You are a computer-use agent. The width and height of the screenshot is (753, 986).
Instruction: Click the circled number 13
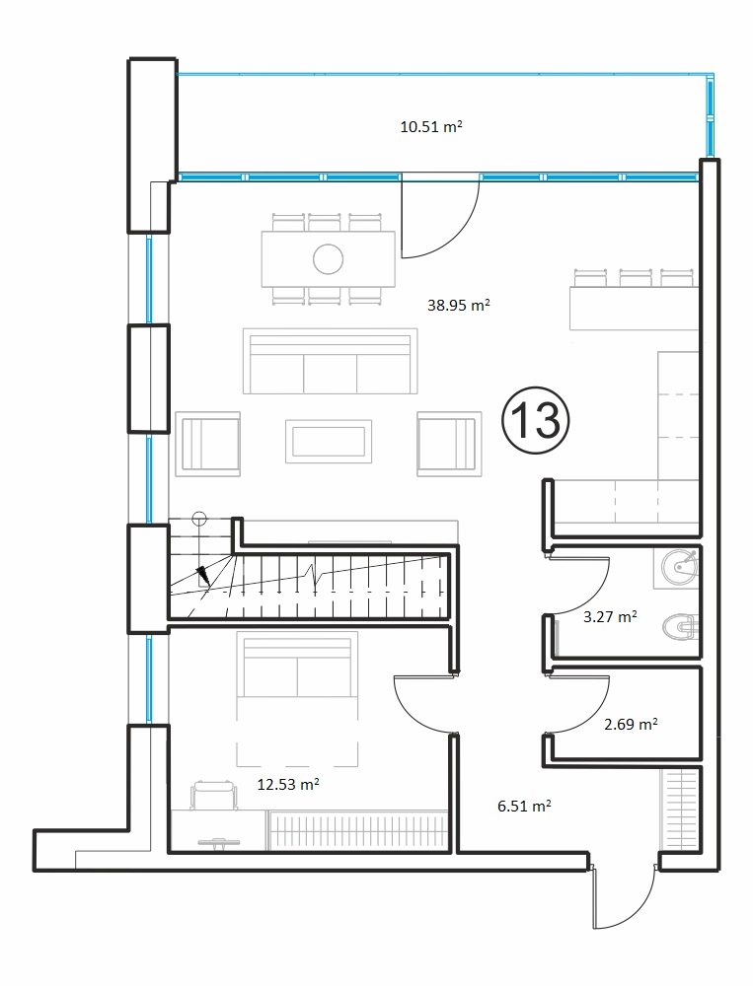click(536, 420)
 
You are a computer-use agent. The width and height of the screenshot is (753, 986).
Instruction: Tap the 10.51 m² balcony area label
click(431, 126)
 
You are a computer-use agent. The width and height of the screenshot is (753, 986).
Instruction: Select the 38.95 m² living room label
click(458, 305)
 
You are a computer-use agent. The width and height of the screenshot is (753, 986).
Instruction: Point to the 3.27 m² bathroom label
click(610, 616)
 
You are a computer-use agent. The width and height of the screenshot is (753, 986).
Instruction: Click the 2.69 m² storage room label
click(631, 724)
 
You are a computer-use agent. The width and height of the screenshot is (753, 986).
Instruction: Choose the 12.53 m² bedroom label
click(288, 784)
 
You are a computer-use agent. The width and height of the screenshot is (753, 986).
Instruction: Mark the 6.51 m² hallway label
click(524, 806)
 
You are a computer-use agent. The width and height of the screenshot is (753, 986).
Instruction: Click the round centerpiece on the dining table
click(328, 258)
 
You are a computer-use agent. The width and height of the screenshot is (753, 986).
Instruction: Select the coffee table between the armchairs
click(328, 441)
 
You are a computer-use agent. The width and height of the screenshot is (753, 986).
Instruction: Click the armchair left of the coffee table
click(208, 444)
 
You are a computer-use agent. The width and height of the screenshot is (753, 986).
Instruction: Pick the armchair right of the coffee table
click(449, 444)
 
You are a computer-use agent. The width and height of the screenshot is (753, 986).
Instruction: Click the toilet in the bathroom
click(681, 626)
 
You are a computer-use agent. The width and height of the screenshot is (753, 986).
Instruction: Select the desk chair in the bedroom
click(214, 794)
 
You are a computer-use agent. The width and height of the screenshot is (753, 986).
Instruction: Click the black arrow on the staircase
click(203, 574)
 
